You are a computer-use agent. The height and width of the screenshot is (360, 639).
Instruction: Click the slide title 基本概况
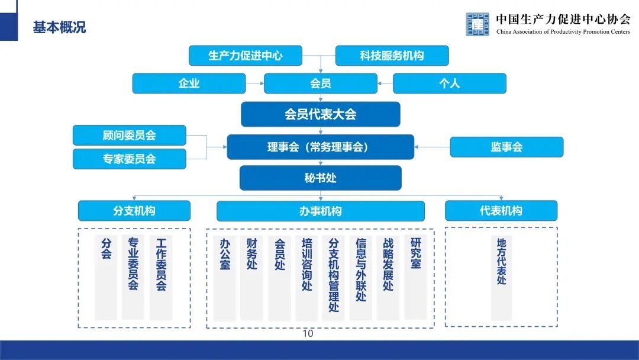pos(59,27)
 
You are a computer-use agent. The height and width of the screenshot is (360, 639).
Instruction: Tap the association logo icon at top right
pos(477,24)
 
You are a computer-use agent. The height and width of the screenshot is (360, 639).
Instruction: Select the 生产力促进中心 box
pos(245,56)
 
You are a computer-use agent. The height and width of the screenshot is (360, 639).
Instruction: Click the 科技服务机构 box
pos(392,56)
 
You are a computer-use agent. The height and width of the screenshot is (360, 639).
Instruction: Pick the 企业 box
pos(189,83)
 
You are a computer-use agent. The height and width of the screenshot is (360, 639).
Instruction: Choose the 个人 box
pos(449,83)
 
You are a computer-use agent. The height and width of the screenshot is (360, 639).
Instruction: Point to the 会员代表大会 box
pos(320,114)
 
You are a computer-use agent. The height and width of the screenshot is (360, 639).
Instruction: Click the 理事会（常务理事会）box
pos(320,147)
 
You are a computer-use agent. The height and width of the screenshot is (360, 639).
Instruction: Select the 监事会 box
pos(506,147)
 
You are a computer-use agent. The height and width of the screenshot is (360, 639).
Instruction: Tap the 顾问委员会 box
pos(129,135)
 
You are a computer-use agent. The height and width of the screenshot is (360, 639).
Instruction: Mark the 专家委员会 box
pos(129,159)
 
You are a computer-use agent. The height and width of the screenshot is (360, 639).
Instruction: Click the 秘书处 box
pos(320,178)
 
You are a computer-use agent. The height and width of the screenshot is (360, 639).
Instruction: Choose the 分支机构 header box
pos(134,211)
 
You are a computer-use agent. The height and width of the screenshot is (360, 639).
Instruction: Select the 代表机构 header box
pos(501,211)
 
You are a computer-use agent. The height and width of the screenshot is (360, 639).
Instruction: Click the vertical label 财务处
pos(252,254)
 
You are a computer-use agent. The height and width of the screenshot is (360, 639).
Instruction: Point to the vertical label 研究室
pos(415,253)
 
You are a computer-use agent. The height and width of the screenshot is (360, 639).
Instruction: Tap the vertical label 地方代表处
pos(502,261)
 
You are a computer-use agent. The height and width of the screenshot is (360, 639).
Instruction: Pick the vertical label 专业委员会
pos(133,264)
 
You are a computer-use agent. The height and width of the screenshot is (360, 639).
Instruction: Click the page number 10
pos(308,334)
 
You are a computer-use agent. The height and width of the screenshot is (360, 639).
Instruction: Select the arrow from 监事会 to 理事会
pos(432,147)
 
